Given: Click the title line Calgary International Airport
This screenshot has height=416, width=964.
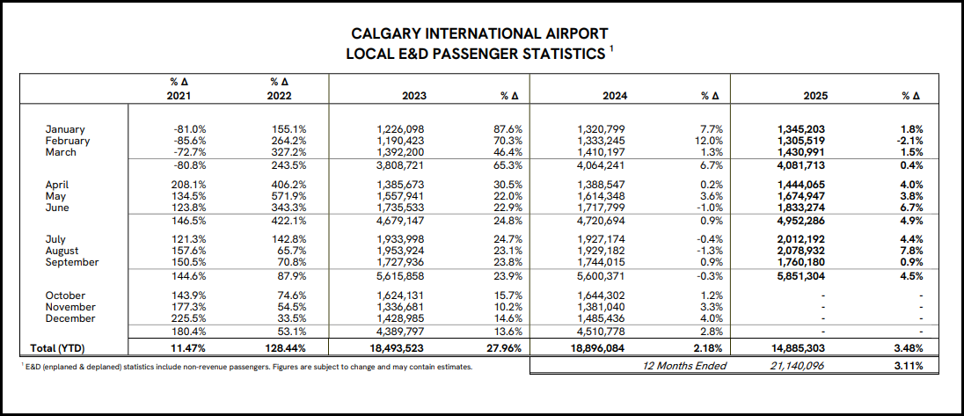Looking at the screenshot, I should [x=479, y=34].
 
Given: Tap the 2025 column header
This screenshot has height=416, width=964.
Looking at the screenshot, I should [x=814, y=95].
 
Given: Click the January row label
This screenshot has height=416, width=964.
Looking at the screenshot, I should [x=65, y=129].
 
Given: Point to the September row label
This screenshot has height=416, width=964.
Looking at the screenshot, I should [x=72, y=262].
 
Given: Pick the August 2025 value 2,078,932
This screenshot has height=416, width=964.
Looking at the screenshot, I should [x=796, y=251].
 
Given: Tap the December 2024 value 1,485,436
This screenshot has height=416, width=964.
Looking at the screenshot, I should [x=602, y=317].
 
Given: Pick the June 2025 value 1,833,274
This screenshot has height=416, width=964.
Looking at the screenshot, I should [x=796, y=208].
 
